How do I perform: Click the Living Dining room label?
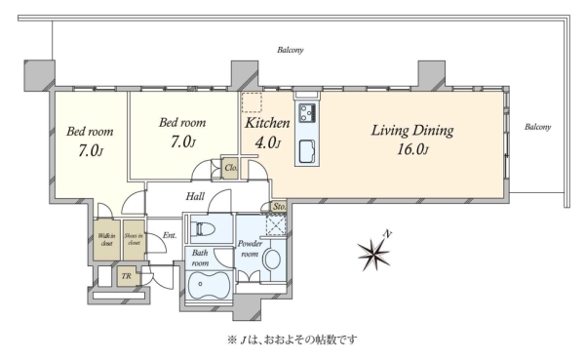[412, 131]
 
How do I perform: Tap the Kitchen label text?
[267, 123]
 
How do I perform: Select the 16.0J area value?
[412, 149]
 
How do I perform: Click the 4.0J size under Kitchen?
[267, 142]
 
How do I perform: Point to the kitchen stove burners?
[308, 112]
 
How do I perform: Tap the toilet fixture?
[204, 228]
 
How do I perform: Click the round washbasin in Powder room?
[272, 259]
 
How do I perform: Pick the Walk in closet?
[106, 240]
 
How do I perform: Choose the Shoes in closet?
[134, 240]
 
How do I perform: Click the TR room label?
[126, 276]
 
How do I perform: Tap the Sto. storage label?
[279, 207]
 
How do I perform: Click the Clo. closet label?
[231, 168]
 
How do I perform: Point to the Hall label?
[195, 196]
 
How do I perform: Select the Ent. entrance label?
[170, 235]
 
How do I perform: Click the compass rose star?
[373, 254]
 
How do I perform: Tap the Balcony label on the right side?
[537, 127]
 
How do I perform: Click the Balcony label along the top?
[290, 50]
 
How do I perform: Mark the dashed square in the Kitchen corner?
[252, 102]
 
